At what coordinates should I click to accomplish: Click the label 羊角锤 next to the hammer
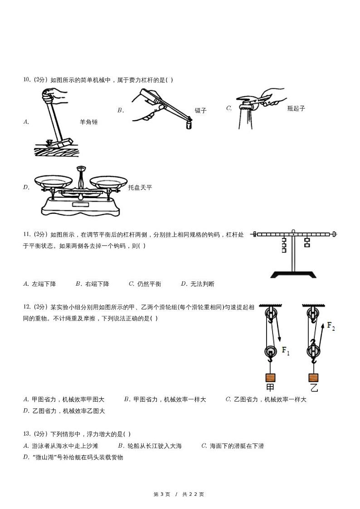pyautogui.click(x=88, y=122)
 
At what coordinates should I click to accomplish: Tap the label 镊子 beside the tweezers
pyautogui.click(x=200, y=111)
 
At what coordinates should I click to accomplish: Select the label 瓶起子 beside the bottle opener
pyautogui.click(x=296, y=108)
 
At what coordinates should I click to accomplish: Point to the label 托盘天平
pyautogui.click(x=140, y=187)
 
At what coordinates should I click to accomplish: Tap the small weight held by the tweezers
pyautogui.click(x=189, y=125)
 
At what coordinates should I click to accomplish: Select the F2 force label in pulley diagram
pyautogui.click(x=331, y=326)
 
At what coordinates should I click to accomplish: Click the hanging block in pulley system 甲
pyautogui.click(x=270, y=377)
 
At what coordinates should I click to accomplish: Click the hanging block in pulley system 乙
pyautogui.click(x=313, y=377)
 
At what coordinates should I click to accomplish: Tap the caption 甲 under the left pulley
pyautogui.click(x=270, y=388)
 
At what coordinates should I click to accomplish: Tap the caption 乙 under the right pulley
pyautogui.click(x=314, y=388)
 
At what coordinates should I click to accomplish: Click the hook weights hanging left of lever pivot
pyautogui.click(x=283, y=245)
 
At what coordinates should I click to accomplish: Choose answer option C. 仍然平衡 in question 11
pyautogui.click(x=145, y=284)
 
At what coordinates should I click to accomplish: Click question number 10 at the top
pyautogui.click(x=27, y=80)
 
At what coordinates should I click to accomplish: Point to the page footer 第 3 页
pyautogui.click(x=162, y=494)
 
